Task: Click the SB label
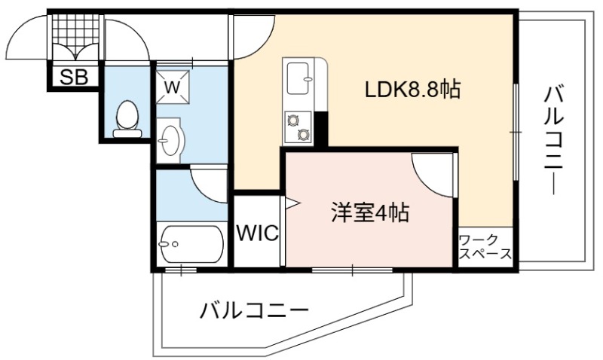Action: [74, 78]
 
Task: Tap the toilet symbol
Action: [127, 119]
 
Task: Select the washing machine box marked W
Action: [173, 87]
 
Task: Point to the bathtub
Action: [191, 244]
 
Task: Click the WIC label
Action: [257, 233]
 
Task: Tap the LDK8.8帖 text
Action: [412, 90]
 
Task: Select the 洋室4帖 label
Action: [370, 212]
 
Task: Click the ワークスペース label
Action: [485, 247]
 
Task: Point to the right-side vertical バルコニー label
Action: [554, 141]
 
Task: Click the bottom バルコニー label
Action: [254, 310]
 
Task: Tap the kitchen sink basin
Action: [298, 78]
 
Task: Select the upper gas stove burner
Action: [293, 121]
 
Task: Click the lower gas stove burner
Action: [304, 134]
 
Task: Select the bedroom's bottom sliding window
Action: [352, 270]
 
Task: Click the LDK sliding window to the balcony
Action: [516, 132]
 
